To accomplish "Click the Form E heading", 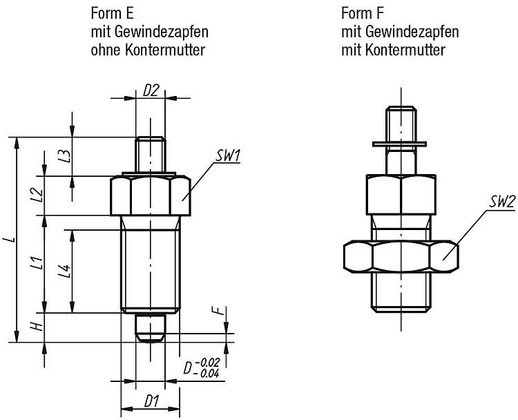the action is [113, 14].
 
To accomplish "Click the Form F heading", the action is [363, 14].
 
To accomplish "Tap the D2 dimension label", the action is [151, 91].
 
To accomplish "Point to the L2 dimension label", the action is [39, 195].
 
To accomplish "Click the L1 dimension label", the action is [39, 262].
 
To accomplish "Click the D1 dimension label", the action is [152, 401].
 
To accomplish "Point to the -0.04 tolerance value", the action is [207, 374].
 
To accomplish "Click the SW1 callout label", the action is [228, 156].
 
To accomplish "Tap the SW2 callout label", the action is [502, 202].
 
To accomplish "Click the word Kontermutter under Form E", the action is [165, 50].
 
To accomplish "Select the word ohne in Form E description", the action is [106, 50].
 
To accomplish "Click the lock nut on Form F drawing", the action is [401, 257].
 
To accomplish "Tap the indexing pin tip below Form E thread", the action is [151, 328].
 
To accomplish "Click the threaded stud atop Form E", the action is [151, 155].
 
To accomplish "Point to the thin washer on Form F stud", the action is [399, 144].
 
